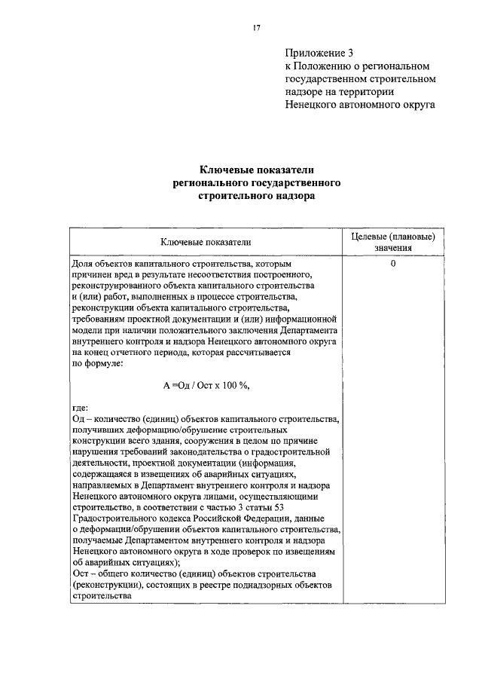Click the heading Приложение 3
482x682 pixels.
point(319,53)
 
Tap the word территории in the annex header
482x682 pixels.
point(371,93)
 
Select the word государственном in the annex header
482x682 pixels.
point(322,79)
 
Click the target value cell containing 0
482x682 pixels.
point(393,265)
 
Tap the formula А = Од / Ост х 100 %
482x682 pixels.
point(205,385)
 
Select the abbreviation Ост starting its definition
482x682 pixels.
point(79,573)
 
